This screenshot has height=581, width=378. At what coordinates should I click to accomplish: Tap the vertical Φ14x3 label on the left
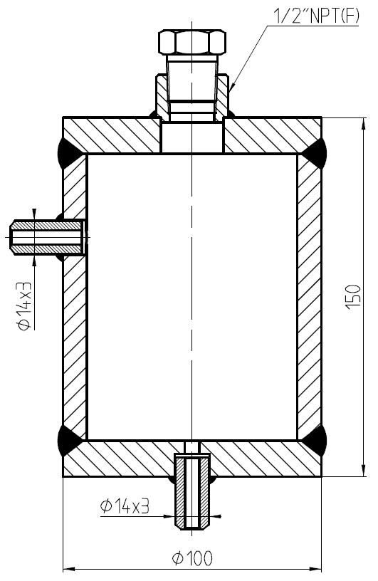pyautogui.click(x=23, y=305)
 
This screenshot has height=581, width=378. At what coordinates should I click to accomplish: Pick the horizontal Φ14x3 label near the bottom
pyautogui.click(x=124, y=506)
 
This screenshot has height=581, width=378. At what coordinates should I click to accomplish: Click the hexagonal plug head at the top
pyautogui.click(x=190, y=42)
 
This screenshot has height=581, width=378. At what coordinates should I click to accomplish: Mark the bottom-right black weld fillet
pyautogui.click(x=314, y=441)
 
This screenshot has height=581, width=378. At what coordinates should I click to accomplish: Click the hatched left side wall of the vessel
pyautogui.click(x=75, y=320)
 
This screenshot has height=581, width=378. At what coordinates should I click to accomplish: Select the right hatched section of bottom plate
pyautogui.click(x=263, y=459)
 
